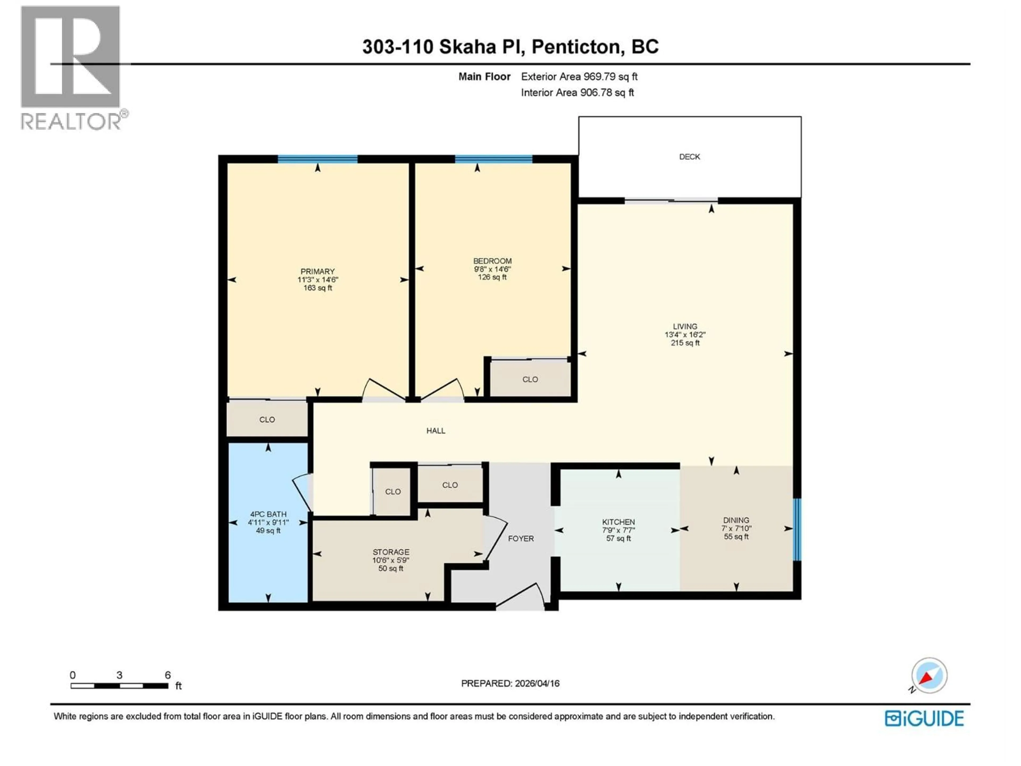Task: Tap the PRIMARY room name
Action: [x=317, y=272]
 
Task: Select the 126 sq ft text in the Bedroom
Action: [x=492, y=277]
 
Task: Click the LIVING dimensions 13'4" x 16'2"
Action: [x=685, y=335]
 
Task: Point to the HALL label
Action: [x=436, y=431]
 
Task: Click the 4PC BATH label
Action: [x=268, y=514]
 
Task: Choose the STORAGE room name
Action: [x=391, y=552]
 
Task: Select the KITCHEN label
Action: [x=618, y=522]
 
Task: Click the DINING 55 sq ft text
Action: [x=736, y=536]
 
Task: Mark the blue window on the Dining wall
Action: [x=797, y=529]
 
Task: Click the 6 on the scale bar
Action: [x=168, y=675]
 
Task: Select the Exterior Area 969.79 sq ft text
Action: [x=579, y=77]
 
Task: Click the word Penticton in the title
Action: [x=576, y=47]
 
